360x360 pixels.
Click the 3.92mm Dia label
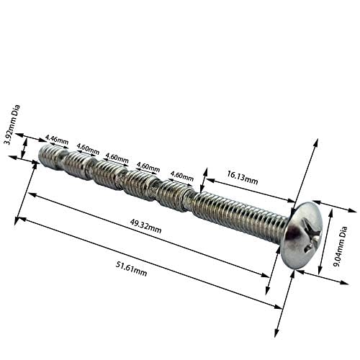[x=12, y=125]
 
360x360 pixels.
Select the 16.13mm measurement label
[x=243, y=177]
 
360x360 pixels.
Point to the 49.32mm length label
[x=145, y=226]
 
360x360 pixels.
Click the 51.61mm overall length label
[x=131, y=269]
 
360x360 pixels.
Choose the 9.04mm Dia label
[x=341, y=247]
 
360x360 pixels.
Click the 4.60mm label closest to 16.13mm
[x=181, y=176]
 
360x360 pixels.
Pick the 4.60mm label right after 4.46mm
[x=88, y=149]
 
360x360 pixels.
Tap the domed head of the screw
[x=304, y=235]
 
